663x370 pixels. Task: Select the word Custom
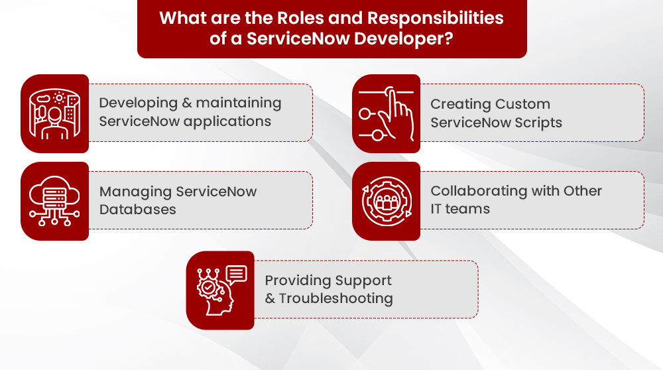click(x=523, y=104)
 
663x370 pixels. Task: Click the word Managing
click(x=135, y=192)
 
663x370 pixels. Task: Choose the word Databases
click(x=138, y=210)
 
